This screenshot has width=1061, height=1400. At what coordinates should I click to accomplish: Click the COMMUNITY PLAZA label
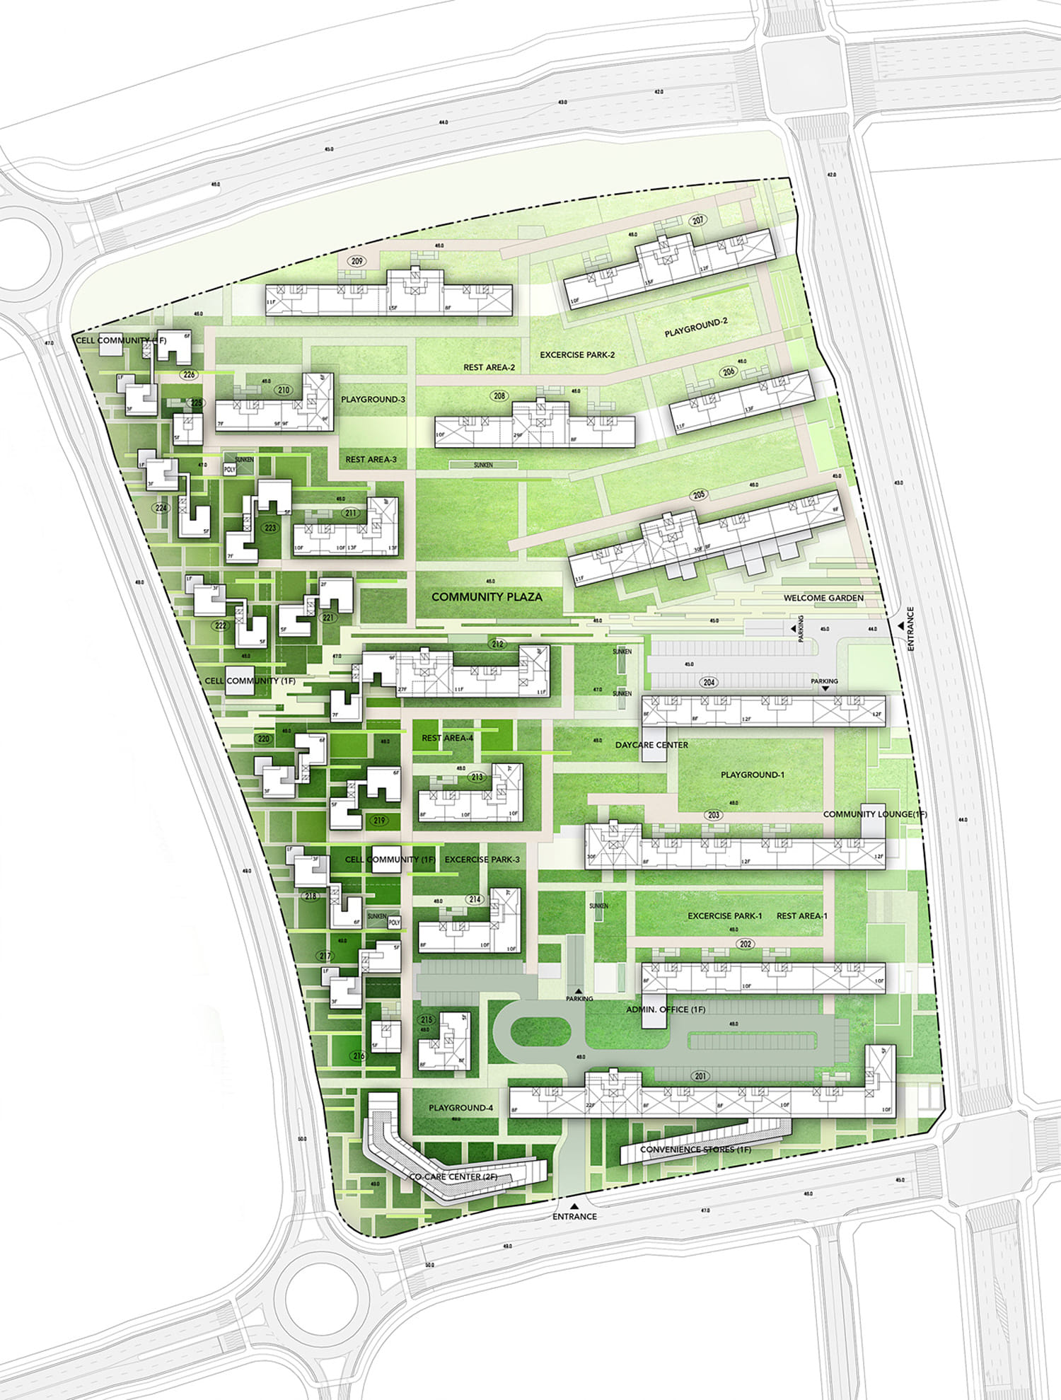(487, 597)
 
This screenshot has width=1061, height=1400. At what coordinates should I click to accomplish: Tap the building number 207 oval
(698, 221)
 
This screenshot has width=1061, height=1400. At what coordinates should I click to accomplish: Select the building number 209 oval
(357, 261)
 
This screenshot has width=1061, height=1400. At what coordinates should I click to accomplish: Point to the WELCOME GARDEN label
(823, 598)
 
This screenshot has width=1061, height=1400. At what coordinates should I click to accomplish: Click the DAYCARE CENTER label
(651, 745)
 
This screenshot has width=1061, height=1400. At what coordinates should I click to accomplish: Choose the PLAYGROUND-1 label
(753, 775)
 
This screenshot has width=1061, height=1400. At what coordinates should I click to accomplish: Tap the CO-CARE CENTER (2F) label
(454, 1176)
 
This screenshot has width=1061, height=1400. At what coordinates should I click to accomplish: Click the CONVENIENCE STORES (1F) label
(695, 1150)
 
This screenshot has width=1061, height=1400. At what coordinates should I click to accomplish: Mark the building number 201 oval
(700, 1077)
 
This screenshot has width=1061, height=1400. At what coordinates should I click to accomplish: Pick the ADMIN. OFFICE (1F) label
(666, 1009)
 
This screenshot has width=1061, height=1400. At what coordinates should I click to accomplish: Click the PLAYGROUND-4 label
(460, 1108)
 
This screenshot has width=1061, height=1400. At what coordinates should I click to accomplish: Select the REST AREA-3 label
(371, 460)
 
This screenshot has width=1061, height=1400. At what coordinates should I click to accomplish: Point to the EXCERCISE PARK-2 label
(577, 354)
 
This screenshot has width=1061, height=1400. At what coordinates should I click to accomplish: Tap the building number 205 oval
(700, 495)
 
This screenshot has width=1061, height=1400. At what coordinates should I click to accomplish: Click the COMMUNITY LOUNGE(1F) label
(875, 814)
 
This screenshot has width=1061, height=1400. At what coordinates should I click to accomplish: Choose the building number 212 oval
(498, 644)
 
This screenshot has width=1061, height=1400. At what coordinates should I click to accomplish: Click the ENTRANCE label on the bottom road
(574, 1217)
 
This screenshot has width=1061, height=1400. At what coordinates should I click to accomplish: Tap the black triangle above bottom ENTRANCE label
(574, 1205)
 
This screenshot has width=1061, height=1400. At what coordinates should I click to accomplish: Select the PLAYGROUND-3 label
(373, 400)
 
